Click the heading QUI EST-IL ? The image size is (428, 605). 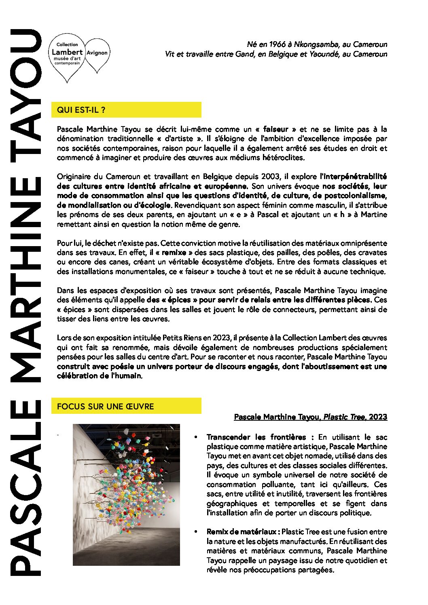click(81, 110)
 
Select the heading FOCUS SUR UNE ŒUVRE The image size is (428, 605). click(105, 407)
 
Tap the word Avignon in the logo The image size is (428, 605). click(97, 53)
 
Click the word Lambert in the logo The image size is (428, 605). click(67, 52)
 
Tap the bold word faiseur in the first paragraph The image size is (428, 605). click(275, 129)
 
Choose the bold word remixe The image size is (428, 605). click(174, 253)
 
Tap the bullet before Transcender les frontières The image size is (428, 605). click(196, 437)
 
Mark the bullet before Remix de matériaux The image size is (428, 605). click(196, 532)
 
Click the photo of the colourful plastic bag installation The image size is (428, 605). click(126, 494)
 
